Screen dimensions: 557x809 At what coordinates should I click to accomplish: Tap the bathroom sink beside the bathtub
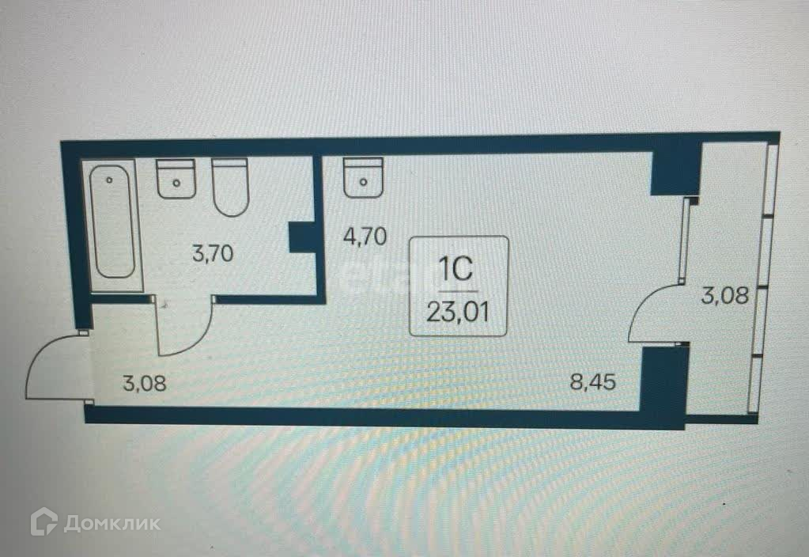[x=176, y=179]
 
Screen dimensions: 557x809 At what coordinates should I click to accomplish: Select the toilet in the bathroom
[x=231, y=187]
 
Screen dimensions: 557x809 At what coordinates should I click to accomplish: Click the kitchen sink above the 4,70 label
[x=363, y=178]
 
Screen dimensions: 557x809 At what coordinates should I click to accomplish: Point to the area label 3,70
[x=214, y=254]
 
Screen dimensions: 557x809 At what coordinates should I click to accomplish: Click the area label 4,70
[x=364, y=237]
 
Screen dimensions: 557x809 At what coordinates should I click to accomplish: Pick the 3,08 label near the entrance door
[x=145, y=385]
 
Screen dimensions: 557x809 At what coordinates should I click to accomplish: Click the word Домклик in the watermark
[x=112, y=523]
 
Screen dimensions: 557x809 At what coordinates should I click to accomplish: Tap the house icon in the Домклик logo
[x=44, y=522]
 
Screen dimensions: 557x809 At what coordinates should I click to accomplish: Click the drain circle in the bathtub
[x=110, y=180]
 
